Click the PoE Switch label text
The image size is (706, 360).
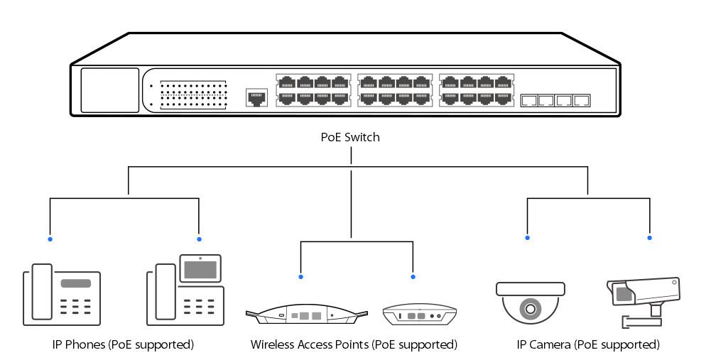(x=350, y=138)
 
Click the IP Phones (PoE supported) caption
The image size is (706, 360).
(x=123, y=345)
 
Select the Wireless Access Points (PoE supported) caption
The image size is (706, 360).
(x=353, y=345)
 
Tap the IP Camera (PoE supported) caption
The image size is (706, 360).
(x=588, y=345)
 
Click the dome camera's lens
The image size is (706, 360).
(x=530, y=309)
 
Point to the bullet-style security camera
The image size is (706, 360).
(x=643, y=292)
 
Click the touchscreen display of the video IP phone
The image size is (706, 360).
(x=200, y=269)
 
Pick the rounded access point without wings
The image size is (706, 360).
(x=418, y=315)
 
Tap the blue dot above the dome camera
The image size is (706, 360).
(x=527, y=238)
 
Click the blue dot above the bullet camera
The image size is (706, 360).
(x=650, y=238)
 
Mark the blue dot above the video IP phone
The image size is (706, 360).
(x=199, y=239)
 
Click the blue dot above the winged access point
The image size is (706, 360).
(x=300, y=276)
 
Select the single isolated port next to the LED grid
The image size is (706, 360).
(x=256, y=97)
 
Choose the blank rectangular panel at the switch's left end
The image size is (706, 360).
(x=109, y=90)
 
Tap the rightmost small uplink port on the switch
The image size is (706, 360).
(x=582, y=100)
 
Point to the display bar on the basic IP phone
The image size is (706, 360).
(x=75, y=283)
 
